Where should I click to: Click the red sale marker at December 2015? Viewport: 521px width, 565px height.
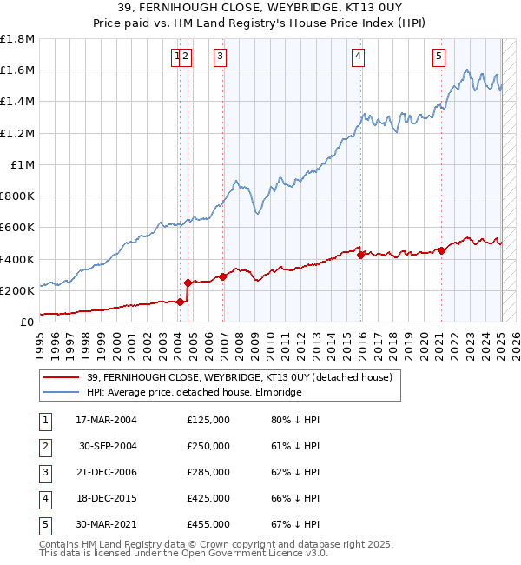click(360, 255)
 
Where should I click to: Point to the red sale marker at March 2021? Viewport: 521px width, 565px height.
click(441, 250)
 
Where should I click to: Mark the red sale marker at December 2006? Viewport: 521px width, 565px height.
click(223, 276)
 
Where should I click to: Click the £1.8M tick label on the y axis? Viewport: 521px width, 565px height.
click(17, 39)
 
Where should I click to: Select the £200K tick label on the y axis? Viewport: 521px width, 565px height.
click(17, 290)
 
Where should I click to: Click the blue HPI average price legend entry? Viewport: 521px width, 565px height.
click(194, 393)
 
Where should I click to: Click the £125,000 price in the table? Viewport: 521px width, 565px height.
click(208, 420)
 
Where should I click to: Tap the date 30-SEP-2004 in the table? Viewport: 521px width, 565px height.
click(108, 446)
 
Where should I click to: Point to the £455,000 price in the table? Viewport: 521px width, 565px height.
click(208, 524)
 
